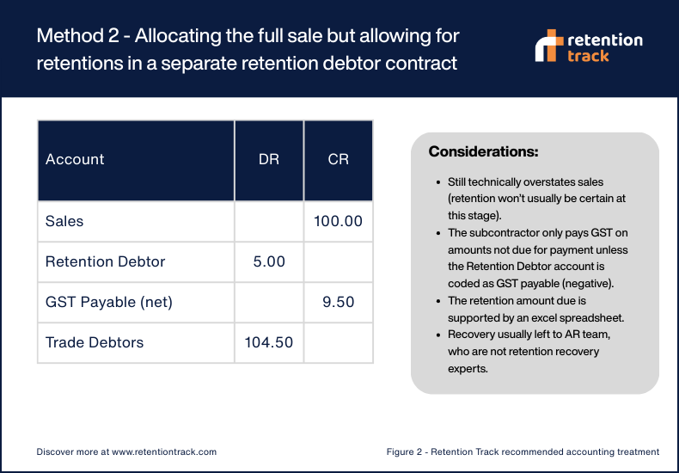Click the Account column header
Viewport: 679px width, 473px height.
(x=75, y=160)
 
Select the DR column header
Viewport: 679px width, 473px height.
(x=269, y=160)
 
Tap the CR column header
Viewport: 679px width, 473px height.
(x=339, y=160)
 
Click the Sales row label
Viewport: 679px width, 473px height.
(x=64, y=221)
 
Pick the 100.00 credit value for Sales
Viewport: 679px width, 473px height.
(x=339, y=221)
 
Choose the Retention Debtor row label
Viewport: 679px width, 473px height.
(x=105, y=261)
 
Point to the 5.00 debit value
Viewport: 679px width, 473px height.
(x=269, y=261)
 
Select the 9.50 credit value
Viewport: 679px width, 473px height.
(x=339, y=302)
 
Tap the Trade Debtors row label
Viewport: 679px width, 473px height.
(x=95, y=342)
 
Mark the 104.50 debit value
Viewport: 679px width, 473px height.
(x=269, y=342)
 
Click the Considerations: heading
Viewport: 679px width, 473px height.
(x=483, y=152)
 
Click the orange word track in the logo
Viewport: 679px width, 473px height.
(x=589, y=55)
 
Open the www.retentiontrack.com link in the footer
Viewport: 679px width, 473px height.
(x=163, y=451)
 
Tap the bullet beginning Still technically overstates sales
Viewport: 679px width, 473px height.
(x=536, y=197)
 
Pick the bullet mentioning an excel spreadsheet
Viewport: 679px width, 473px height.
(x=536, y=308)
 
